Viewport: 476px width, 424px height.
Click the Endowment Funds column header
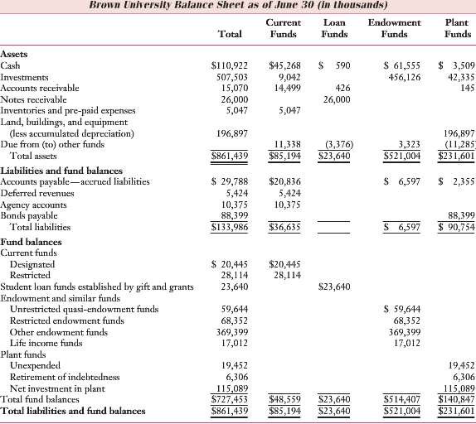[393, 28]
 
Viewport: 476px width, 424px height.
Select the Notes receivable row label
[31, 99]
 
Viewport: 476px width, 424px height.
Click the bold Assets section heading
[14, 53]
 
